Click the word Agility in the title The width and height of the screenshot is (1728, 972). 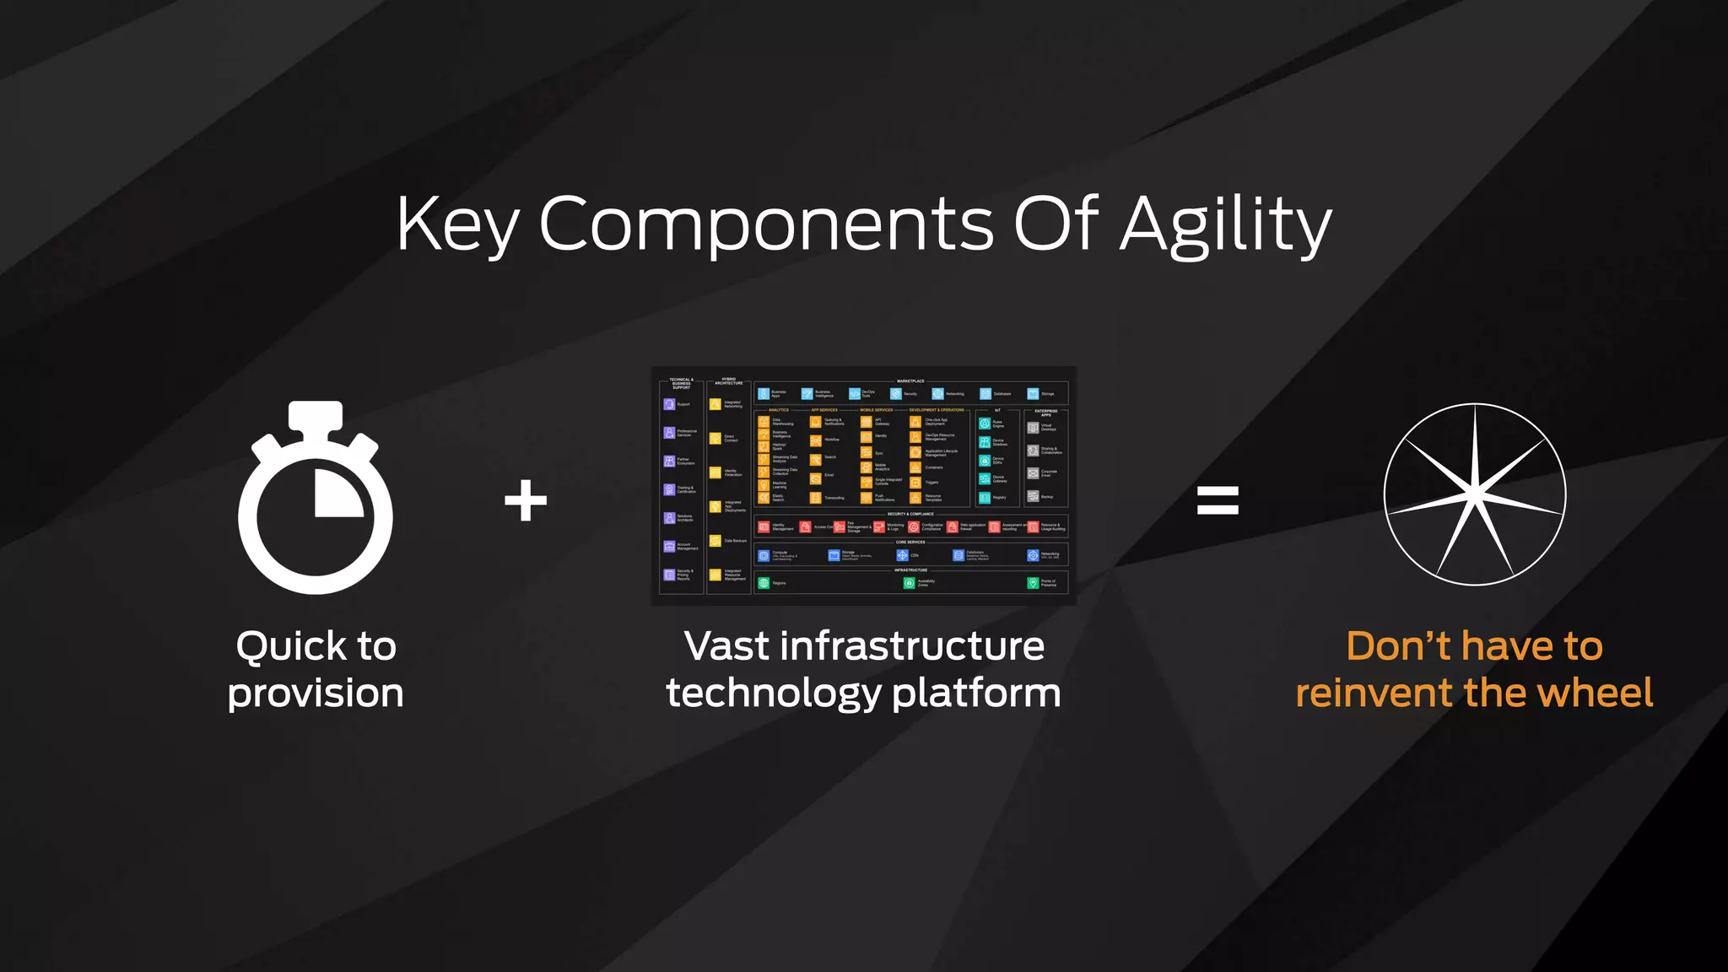[1225, 225]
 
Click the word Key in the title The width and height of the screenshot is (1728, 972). [456, 225]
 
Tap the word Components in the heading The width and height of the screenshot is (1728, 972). [766, 225]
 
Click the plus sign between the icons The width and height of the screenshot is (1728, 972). [526, 500]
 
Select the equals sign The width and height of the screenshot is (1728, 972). [1218, 500]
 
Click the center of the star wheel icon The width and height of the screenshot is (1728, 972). [1474, 494]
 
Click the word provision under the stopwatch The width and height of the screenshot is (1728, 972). [316, 693]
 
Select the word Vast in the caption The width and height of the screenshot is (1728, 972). [726, 646]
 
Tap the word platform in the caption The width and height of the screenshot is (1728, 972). [976, 693]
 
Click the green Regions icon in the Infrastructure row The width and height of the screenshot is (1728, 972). [764, 583]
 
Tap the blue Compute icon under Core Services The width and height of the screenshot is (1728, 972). [764, 555]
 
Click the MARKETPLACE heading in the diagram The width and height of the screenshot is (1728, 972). [910, 381]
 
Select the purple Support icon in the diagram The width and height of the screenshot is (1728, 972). [669, 404]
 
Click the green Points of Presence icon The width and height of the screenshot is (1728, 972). [1033, 583]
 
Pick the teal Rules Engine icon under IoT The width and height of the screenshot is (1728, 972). [985, 424]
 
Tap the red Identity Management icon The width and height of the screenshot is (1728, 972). [764, 527]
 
